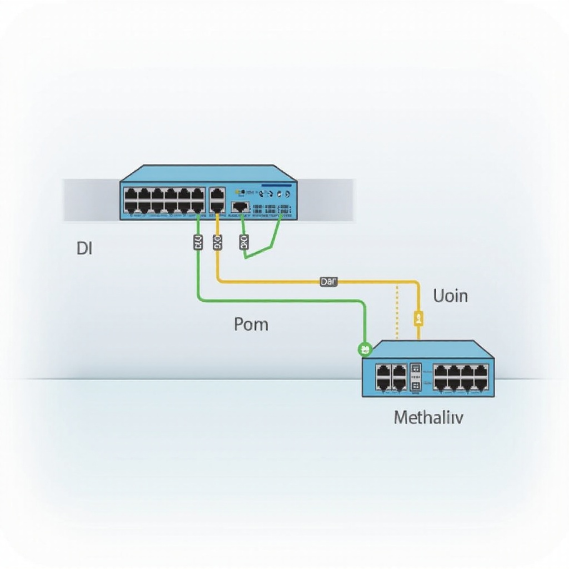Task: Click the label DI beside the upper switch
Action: (84, 248)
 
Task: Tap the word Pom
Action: (251, 323)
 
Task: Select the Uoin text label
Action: (450, 296)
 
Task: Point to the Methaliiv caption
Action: (428, 417)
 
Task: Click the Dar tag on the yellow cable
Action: (328, 282)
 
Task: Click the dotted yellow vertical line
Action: (397, 311)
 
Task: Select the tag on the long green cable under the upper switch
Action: (198, 242)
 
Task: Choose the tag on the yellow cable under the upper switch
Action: (217, 242)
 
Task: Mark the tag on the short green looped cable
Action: (243, 242)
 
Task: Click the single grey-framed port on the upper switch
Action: (240, 206)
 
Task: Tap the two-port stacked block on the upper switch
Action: (217, 201)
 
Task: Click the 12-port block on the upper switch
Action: (164, 201)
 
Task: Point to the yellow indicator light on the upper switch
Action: (237, 189)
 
